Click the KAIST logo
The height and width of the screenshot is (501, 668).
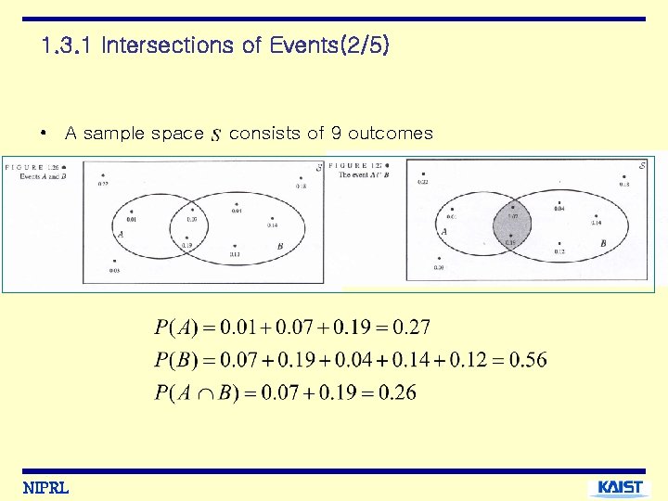619,486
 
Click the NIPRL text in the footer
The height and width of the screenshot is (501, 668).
46,487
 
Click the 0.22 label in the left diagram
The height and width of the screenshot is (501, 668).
103,184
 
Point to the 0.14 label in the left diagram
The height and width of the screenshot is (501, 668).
272,225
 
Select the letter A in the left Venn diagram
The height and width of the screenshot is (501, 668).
122,237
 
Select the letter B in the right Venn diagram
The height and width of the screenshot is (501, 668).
602,243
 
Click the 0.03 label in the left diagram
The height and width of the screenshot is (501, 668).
113,270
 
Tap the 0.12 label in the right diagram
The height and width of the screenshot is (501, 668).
559,252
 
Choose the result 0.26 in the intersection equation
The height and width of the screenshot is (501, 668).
398,392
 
